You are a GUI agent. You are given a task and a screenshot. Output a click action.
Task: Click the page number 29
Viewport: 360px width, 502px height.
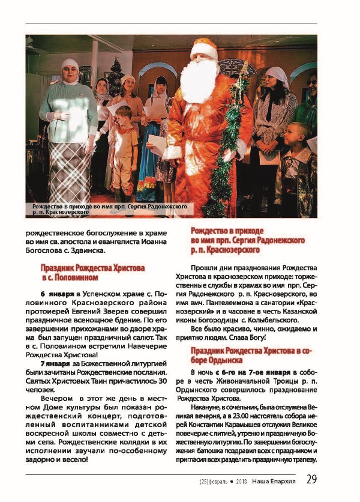pyautogui.click(x=312, y=479)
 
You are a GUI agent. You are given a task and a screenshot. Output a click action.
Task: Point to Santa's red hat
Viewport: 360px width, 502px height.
pyautogui.click(x=203, y=45)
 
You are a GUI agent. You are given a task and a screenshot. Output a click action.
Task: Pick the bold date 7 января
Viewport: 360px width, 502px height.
pyautogui.click(x=53, y=364)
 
